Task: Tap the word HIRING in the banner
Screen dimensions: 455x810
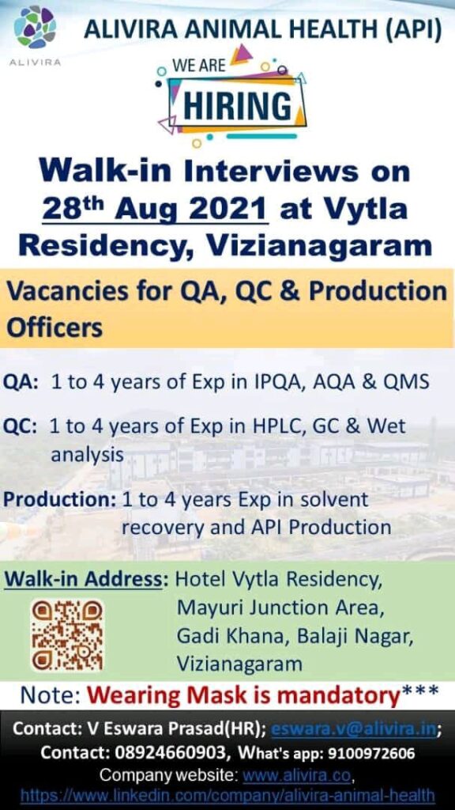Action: tap(237, 106)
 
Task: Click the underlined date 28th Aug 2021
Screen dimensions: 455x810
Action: tap(156, 209)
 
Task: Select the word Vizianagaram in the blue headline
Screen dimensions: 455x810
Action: tap(319, 246)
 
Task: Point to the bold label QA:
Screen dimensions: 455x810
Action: tap(21, 383)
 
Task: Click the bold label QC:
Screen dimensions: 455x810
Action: tap(21, 427)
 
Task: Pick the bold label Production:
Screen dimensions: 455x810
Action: tap(59, 500)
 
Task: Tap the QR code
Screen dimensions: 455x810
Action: tap(67, 635)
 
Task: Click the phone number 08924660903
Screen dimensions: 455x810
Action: tap(173, 753)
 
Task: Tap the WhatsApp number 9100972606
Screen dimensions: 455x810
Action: tap(370, 754)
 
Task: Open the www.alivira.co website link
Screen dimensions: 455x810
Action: tap(296, 775)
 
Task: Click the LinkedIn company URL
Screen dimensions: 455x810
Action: tap(227, 796)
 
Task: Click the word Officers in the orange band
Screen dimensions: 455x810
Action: tap(55, 328)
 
